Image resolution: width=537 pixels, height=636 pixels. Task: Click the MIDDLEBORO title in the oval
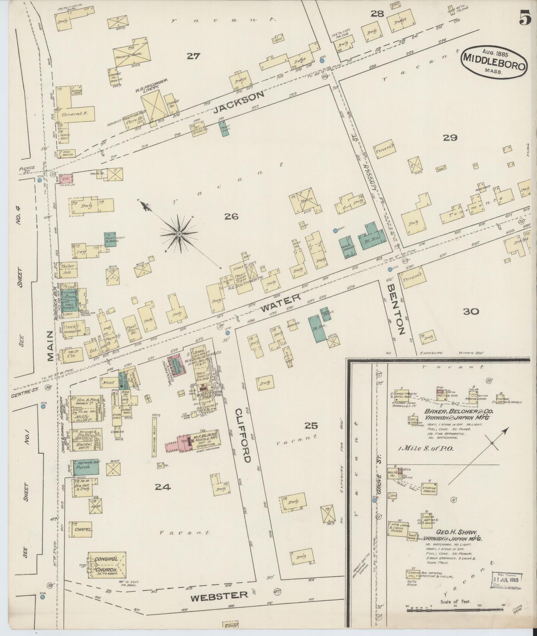(494, 61)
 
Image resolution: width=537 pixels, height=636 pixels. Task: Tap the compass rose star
(179, 234)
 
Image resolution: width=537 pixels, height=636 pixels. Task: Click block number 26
(231, 216)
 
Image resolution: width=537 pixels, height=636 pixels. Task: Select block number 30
(470, 312)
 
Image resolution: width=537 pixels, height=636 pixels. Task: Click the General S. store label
(75, 114)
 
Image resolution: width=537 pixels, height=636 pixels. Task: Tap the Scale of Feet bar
(454, 610)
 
